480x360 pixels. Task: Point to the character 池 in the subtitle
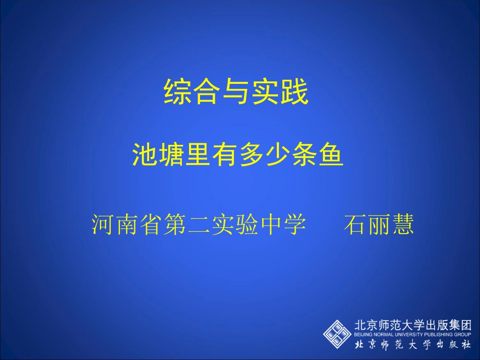click(143, 155)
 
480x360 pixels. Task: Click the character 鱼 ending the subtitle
click(330, 155)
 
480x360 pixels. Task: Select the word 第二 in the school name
click(186, 225)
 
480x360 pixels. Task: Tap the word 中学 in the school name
click(282, 225)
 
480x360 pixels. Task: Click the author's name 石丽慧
click(378, 225)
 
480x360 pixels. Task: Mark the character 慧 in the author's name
click(403, 225)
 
